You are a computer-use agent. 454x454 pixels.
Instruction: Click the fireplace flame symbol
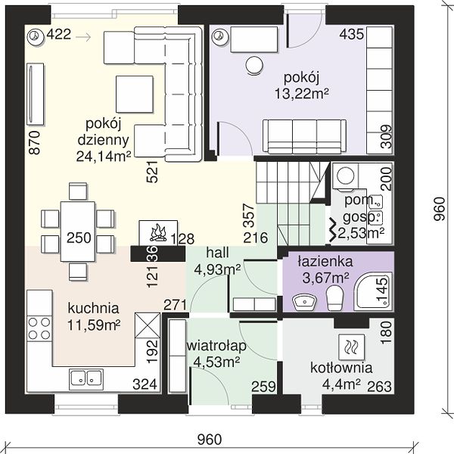[x=158, y=232]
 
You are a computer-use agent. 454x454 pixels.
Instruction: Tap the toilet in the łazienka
[x=334, y=298]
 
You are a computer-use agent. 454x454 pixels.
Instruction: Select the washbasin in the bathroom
[x=305, y=302]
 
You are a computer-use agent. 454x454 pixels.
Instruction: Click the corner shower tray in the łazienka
[x=374, y=292]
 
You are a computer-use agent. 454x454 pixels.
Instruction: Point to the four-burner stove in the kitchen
[x=39, y=328]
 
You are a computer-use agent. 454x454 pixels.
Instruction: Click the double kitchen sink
[x=86, y=379]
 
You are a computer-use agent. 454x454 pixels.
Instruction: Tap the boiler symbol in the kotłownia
[x=351, y=347]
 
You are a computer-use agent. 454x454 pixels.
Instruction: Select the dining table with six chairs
[x=78, y=232]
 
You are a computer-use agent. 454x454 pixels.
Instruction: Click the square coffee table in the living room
[x=135, y=94]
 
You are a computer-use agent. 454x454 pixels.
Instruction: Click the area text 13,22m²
[x=301, y=94]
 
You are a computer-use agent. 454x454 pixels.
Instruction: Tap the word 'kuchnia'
[x=93, y=308]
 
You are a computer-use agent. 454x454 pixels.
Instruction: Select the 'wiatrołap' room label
[x=216, y=346]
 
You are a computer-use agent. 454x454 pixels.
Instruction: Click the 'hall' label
[x=217, y=253]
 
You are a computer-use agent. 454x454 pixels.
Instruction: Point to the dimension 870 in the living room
[x=35, y=142]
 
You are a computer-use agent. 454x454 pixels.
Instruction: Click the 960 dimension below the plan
[x=210, y=439]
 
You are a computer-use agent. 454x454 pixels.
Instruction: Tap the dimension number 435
[x=352, y=34]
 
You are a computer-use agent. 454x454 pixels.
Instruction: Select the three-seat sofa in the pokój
[x=305, y=136]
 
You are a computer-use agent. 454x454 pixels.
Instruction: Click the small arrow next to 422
[x=83, y=37]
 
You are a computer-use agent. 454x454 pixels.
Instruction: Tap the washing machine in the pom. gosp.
[x=346, y=176]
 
